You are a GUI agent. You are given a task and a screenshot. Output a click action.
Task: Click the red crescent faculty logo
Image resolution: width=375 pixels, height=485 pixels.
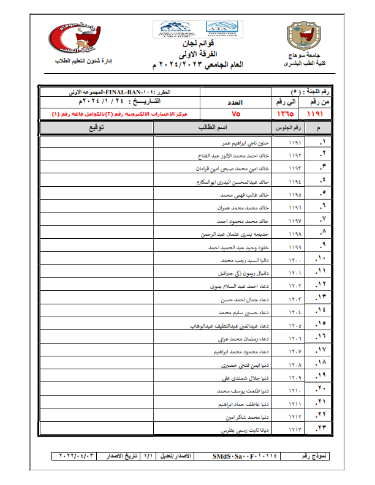[67, 37]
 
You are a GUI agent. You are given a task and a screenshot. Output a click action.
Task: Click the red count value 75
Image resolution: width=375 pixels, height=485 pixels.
[235, 113]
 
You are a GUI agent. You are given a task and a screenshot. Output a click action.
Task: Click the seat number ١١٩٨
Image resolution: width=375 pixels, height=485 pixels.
[295, 234]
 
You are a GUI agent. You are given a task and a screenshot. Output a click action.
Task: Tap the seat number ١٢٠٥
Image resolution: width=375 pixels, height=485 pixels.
[295, 325]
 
